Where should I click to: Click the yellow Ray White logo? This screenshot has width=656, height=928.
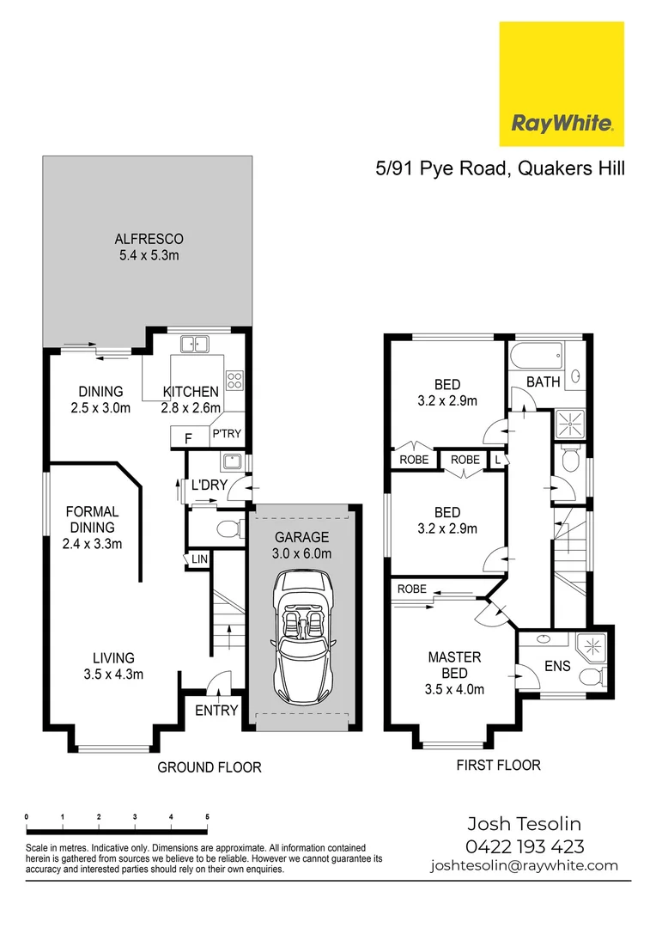(x=562, y=84)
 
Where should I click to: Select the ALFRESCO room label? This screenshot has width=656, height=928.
(x=149, y=239)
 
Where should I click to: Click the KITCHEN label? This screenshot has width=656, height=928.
(x=191, y=392)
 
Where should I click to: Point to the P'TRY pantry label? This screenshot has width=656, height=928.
(x=227, y=435)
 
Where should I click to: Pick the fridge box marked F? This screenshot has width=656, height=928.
(x=188, y=438)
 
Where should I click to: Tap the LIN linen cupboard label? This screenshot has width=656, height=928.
(x=199, y=559)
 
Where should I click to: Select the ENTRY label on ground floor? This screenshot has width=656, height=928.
(x=216, y=710)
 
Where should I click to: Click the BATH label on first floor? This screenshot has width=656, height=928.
(x=543, y=382)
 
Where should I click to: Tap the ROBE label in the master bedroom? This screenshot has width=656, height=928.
(x=411, y=589)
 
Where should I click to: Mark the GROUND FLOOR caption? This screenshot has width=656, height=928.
(x=209, y=766)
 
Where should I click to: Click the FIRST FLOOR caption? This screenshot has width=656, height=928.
(x=499, y=765)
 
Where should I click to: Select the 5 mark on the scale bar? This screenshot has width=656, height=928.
(x=207, y=816)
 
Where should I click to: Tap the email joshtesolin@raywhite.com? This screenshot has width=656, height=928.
(x=524, y=865)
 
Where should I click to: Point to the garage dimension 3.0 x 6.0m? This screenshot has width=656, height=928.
(x=302, y=554)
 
